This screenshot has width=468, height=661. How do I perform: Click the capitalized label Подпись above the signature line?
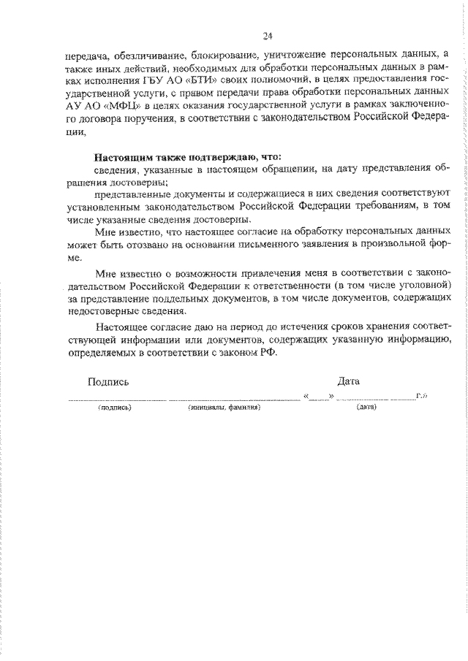[x=108, y=382]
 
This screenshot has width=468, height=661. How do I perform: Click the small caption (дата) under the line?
[x=366, y=409]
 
